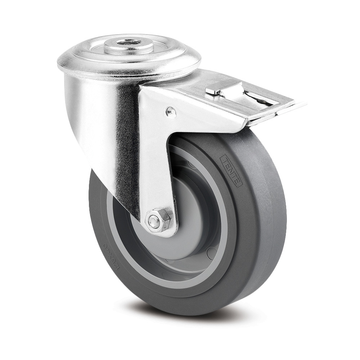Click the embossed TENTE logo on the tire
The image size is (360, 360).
(x=231, y=171)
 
